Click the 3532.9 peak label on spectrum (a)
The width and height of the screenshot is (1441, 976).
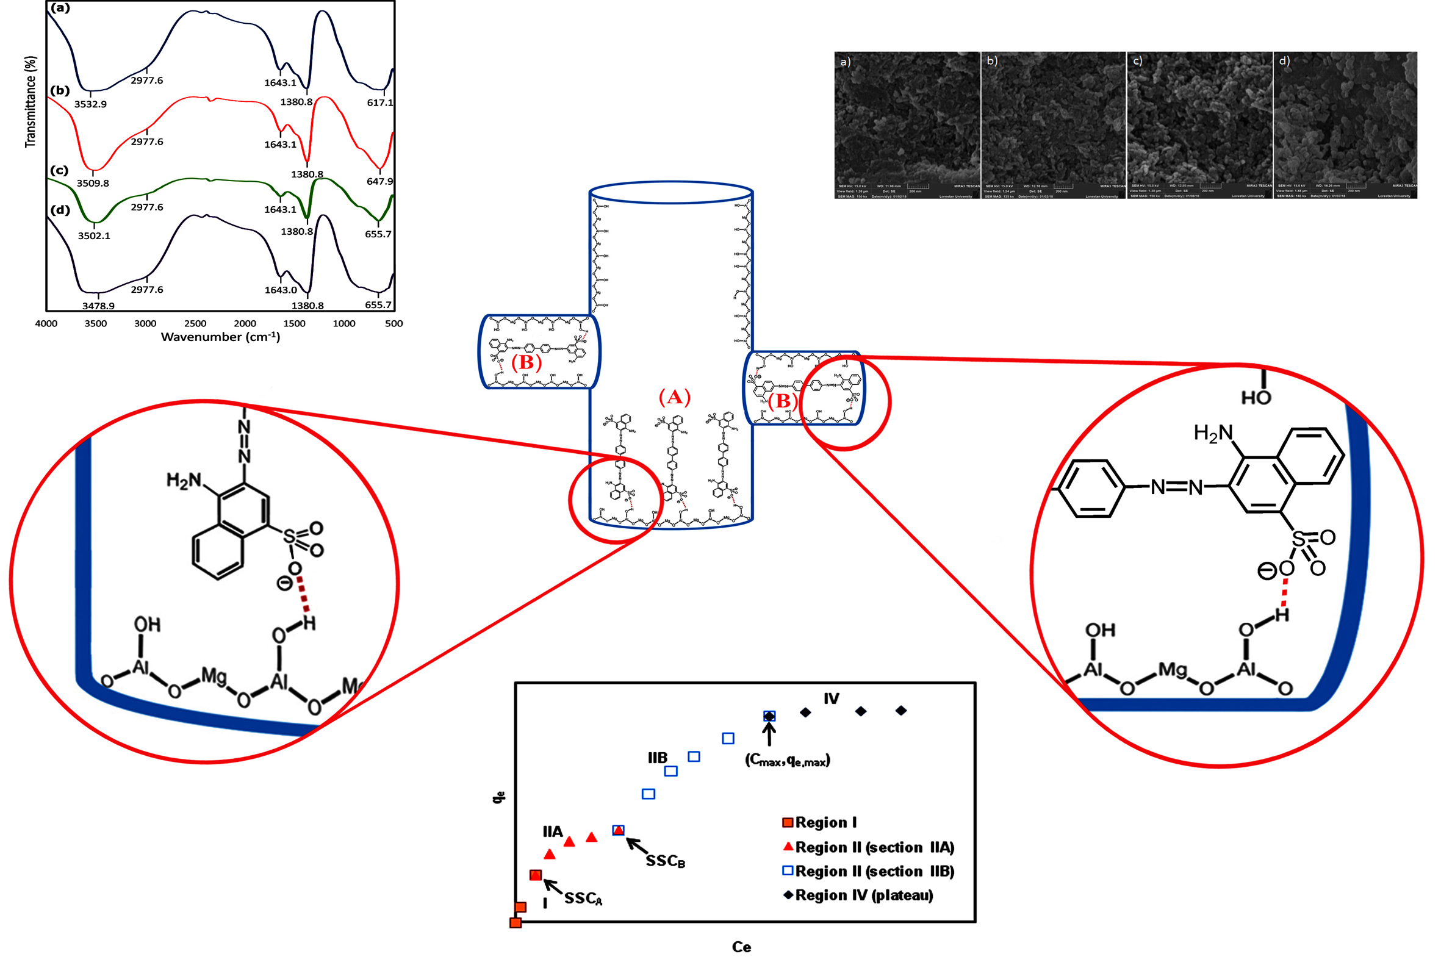coord(90,104)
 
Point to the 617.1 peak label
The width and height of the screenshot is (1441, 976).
coord(379,102)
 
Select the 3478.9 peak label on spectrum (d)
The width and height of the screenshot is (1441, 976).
coord(98,306)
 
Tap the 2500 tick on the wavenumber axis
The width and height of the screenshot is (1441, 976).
coord(195,324)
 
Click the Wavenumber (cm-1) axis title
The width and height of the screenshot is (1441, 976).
coord(220,337)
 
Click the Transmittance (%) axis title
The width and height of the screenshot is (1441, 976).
coord(30,102)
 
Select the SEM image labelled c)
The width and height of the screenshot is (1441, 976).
coord(1199,124)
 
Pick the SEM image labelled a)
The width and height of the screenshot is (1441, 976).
coord(907,124)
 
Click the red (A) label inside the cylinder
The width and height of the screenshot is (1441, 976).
coord(674,397)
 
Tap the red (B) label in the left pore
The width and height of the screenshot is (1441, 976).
coord(526,362)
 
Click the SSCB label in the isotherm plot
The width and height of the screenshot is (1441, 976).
coord(665,861)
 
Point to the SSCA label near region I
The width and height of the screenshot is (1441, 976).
coord(583,899)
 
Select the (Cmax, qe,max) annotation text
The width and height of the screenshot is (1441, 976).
coord(787,761)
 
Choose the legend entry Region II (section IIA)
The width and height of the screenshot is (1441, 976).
coord(874,848)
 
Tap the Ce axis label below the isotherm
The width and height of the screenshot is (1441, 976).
coord(741,947)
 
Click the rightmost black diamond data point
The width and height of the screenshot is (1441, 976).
coord(901,711)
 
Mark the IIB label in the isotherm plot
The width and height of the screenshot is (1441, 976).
coord(657,758)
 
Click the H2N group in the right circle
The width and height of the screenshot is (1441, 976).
coord(1213,434)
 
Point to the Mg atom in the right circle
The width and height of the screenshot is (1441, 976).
coord(1173,670)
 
